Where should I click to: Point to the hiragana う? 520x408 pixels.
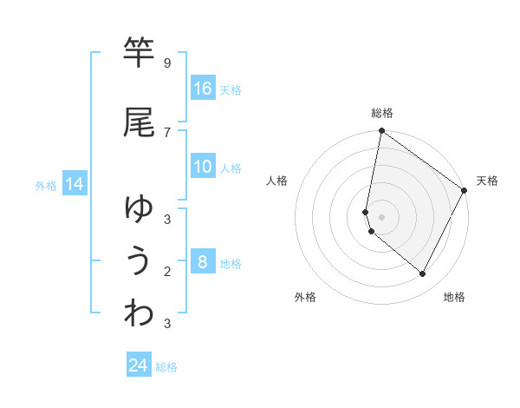[139, 261]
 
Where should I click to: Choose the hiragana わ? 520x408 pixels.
[139, 313]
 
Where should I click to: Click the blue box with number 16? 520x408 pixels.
[203, 89]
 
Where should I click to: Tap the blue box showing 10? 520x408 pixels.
[203, 167]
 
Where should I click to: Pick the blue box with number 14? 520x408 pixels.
[75, 184]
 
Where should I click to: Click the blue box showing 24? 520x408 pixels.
[139, 365]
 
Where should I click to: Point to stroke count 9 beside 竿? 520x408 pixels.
[166, 63]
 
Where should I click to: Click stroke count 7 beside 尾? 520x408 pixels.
[166, 132]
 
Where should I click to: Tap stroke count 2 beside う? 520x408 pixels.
[166, 271]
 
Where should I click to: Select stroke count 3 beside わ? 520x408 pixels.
[166, 324]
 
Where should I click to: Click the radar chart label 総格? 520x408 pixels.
[382, 113]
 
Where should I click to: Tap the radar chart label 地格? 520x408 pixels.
[454, 297]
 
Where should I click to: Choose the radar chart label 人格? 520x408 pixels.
[276, 181]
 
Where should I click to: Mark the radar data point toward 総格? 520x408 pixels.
[381, 131]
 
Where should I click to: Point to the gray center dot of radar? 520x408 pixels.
[381, 217]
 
